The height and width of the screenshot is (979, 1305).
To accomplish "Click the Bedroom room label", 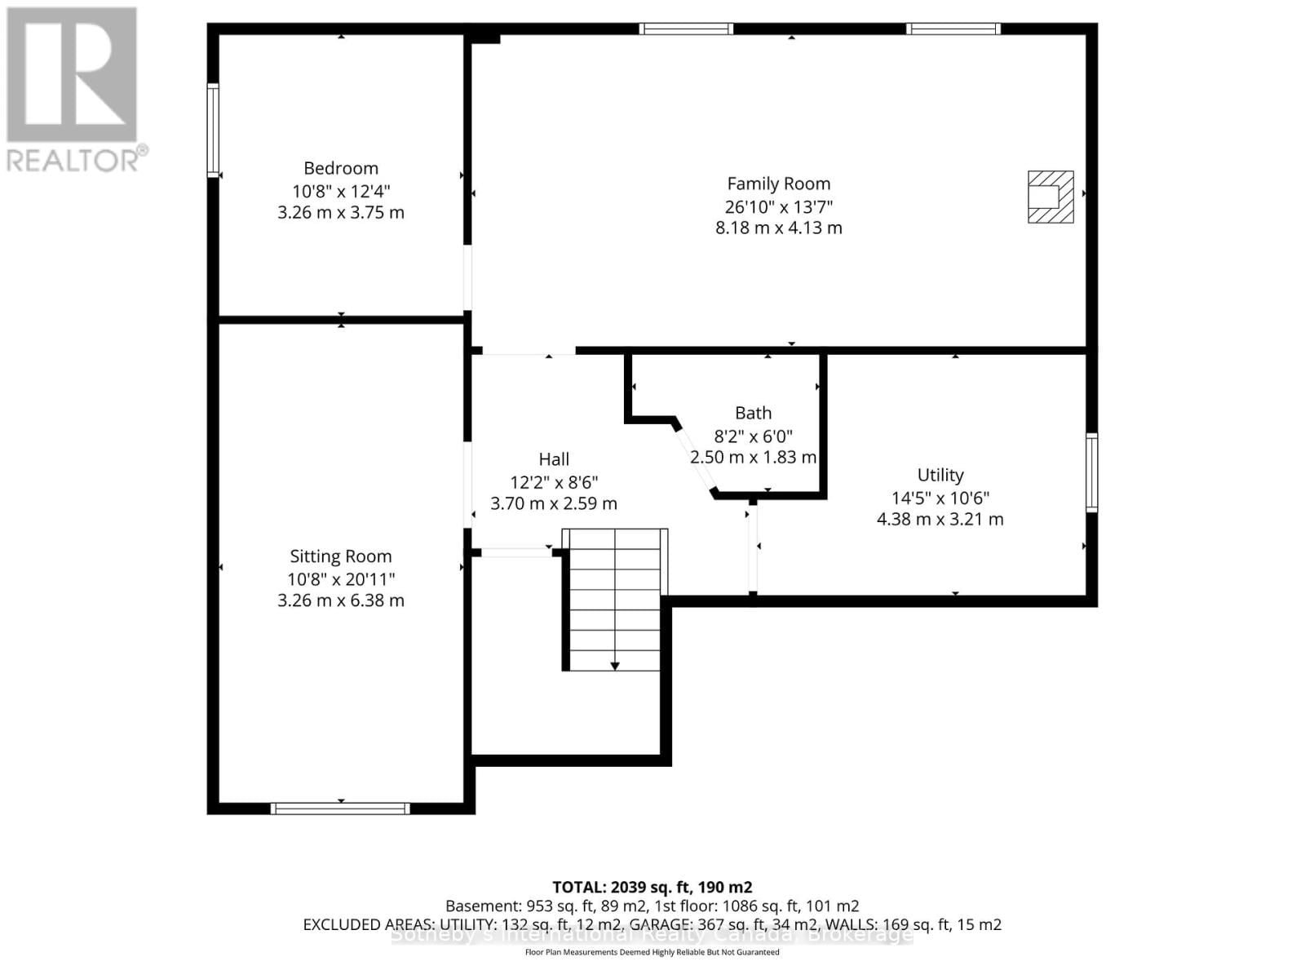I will click(x=341, y=168).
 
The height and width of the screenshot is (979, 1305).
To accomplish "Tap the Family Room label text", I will click(x=778, y=184).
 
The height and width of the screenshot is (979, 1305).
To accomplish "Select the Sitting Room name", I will click(x=341, y=556).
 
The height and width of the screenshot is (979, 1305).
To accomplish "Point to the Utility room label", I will click(x=940, y=475).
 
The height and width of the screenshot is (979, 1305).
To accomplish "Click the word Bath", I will click(x=753, y=413).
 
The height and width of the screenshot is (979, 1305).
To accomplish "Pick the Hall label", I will click(x=554, y=459).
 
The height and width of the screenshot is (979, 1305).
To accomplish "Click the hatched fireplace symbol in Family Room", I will click(x=1050, y=197).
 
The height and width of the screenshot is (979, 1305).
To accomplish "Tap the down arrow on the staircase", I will click(x=615, y=666).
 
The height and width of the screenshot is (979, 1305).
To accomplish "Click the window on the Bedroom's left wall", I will click(x=213, y=131).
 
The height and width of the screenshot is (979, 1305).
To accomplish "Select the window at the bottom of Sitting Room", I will click(x=340, y=808).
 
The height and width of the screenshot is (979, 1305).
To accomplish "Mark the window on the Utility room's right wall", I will click(x=1091, y=473).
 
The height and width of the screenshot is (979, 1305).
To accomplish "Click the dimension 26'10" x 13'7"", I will click(x=778, y=206).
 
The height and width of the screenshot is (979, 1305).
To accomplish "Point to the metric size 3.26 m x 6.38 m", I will click(x=341, y=600).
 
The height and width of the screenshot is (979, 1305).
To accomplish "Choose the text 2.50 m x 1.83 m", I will click(x=753, y=458).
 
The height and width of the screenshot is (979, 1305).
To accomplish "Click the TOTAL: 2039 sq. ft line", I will click(x=652, y=887).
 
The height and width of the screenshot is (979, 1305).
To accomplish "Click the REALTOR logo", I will click(x=73, y=90).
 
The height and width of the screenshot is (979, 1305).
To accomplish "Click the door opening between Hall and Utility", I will click(x=753, y=548).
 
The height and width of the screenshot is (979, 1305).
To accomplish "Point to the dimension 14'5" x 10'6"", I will click(x=940, y=498).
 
